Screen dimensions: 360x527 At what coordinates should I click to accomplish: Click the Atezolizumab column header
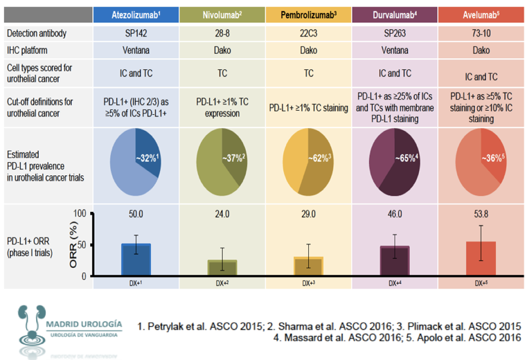tap(136, 14)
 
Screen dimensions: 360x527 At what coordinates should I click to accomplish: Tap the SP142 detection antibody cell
tap(136, 33)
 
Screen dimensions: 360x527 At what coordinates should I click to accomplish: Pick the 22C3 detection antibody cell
tap(307, 33)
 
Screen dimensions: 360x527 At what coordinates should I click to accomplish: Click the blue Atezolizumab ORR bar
tap(136, 259)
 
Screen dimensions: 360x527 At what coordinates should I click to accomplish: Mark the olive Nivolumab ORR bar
tap(222, 267)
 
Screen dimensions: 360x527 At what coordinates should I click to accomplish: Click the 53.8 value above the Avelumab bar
tap(481, 215)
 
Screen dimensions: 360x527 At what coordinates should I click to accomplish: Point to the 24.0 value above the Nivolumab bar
tap(222, 215)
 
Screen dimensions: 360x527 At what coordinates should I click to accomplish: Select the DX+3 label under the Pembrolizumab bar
tap(307, 282)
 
